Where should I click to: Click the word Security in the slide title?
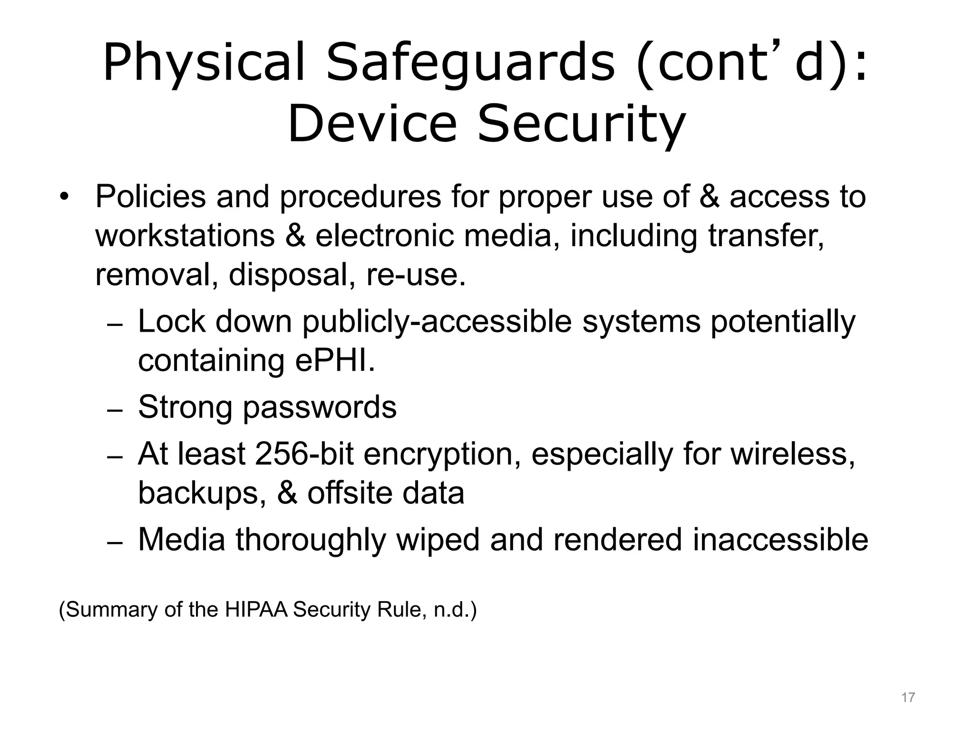click(581, 125)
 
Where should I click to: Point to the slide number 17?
click(908, 698)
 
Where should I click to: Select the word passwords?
click(320, 408)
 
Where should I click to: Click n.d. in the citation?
click(451, 610)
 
